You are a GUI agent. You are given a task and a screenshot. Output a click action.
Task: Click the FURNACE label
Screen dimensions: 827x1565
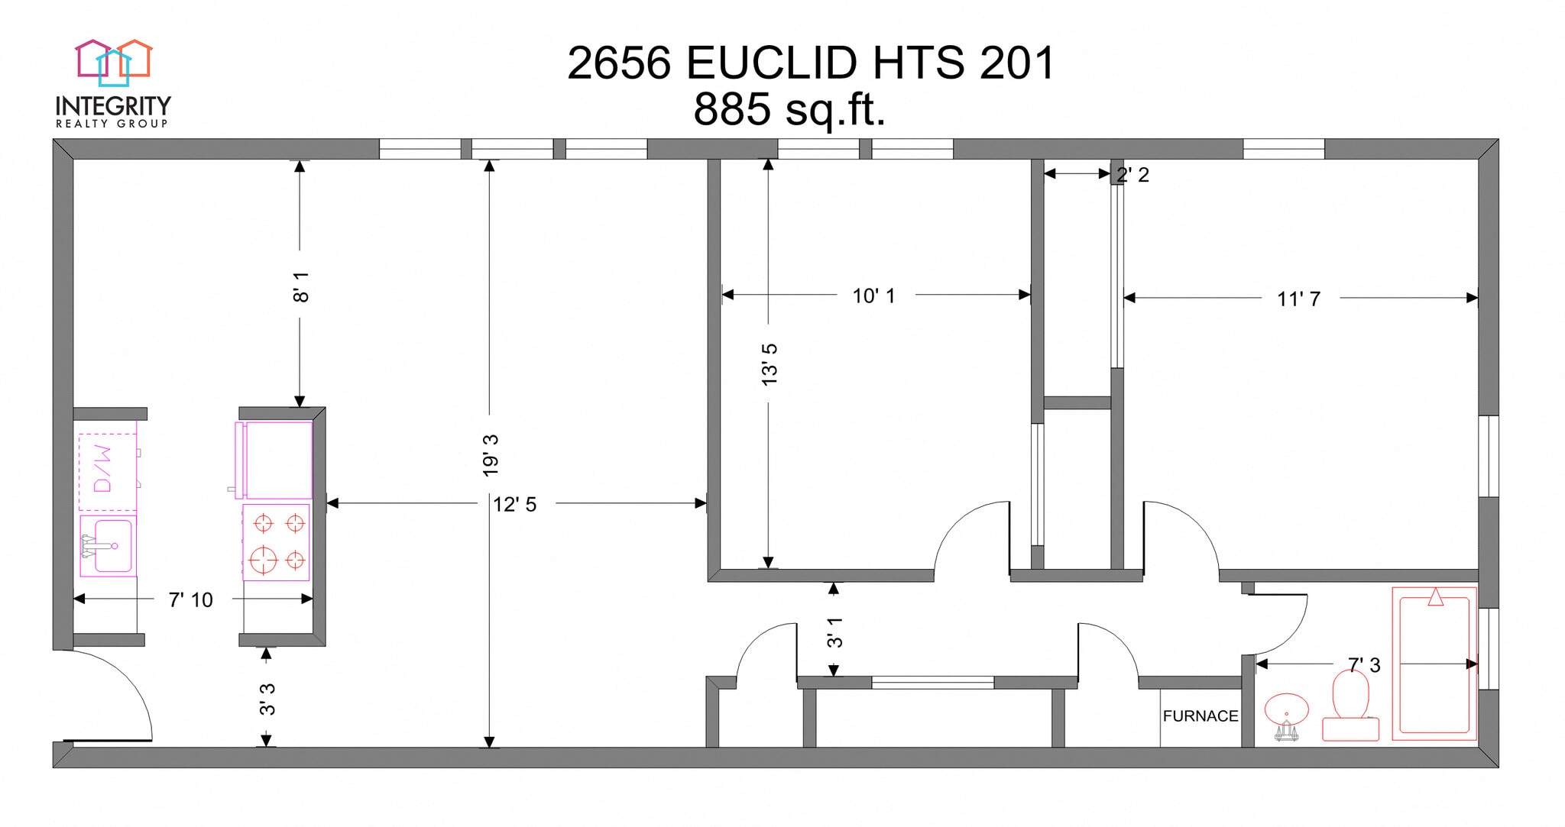click(x=1200, y=716)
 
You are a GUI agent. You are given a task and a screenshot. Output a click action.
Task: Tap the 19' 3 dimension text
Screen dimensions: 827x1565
click(x=491, y=456)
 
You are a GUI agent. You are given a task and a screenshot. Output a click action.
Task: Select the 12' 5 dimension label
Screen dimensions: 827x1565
click(x=514, y=505)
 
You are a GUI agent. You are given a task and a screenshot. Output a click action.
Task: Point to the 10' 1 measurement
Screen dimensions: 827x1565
click(x=873, y=296)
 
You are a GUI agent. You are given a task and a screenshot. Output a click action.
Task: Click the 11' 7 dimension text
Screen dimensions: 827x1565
click(x=1298, y=299)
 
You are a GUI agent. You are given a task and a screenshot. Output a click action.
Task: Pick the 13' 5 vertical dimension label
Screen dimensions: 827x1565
click(x=770, y=364)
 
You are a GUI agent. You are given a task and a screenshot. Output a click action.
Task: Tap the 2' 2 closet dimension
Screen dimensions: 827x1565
click(x=1132, y=176)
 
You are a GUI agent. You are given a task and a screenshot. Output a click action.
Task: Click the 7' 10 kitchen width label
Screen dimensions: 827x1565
click(x=190, y=600)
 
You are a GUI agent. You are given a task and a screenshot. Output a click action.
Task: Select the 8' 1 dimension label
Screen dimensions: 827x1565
click(x=301, y=286)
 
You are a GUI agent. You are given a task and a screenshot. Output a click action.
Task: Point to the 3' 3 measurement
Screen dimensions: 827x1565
click(x=267, y=699)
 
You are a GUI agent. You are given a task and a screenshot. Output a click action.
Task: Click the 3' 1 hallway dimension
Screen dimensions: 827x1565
click(x=834, y=632)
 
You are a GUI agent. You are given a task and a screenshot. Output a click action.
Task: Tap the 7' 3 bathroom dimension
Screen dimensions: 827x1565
click(x=1364, y=665)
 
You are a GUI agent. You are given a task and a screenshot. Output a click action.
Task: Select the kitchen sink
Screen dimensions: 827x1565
click(x=108, y=545)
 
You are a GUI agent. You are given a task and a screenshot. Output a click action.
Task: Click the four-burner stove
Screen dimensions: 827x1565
click(x=277, y=542)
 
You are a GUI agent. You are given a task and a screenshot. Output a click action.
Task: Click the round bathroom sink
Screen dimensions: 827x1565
click(x=1287, y=710)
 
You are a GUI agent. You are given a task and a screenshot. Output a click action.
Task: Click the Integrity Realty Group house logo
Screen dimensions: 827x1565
click(x=114, y=61)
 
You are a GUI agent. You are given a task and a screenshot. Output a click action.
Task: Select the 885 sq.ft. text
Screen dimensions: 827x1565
click(x=789, y=110)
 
